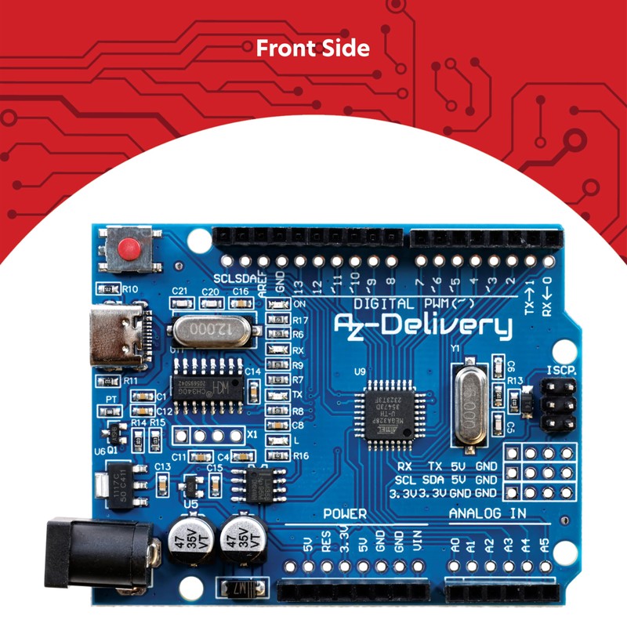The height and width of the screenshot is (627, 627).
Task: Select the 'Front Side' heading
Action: click(x=313, y=49)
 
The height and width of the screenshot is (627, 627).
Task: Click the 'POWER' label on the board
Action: click(x=345, y=514)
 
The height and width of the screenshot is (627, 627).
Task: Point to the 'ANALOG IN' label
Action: click(x=487, y=513)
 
